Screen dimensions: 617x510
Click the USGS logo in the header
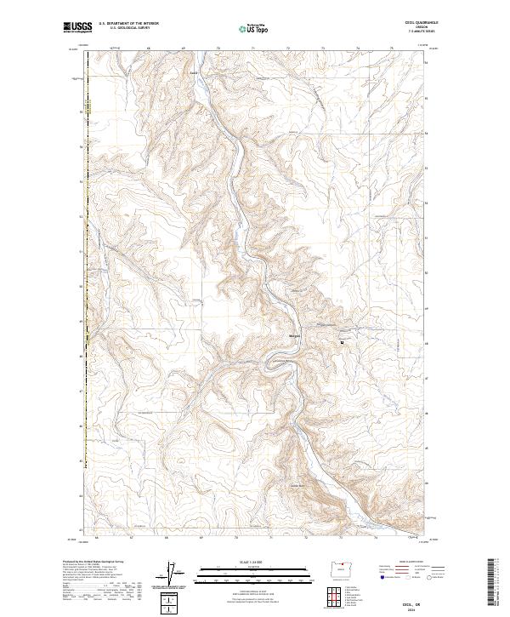(x=76, y=27)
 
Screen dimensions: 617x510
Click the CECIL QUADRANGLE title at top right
(x=423, y=24)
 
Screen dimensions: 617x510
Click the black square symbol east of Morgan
(x=342, y=342)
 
